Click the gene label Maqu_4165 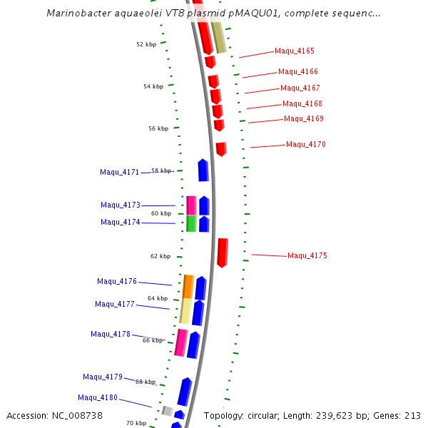[295, 51]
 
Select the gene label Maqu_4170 [306, 145]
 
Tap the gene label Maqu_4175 [307, 256]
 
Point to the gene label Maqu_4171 [120, 173]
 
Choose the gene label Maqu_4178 [111, 335]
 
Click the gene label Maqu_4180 [98, 398]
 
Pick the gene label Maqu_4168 [302, 104]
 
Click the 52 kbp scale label [146, 44]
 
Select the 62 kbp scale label [160, 256]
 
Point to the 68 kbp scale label [146, 382]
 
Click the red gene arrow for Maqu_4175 [223, 253]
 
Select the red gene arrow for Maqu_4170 [221, 149]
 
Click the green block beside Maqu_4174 [191, 224]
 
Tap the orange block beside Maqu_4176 [188, 286]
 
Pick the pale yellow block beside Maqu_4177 [185, 311]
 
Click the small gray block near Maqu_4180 [167, 410]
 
